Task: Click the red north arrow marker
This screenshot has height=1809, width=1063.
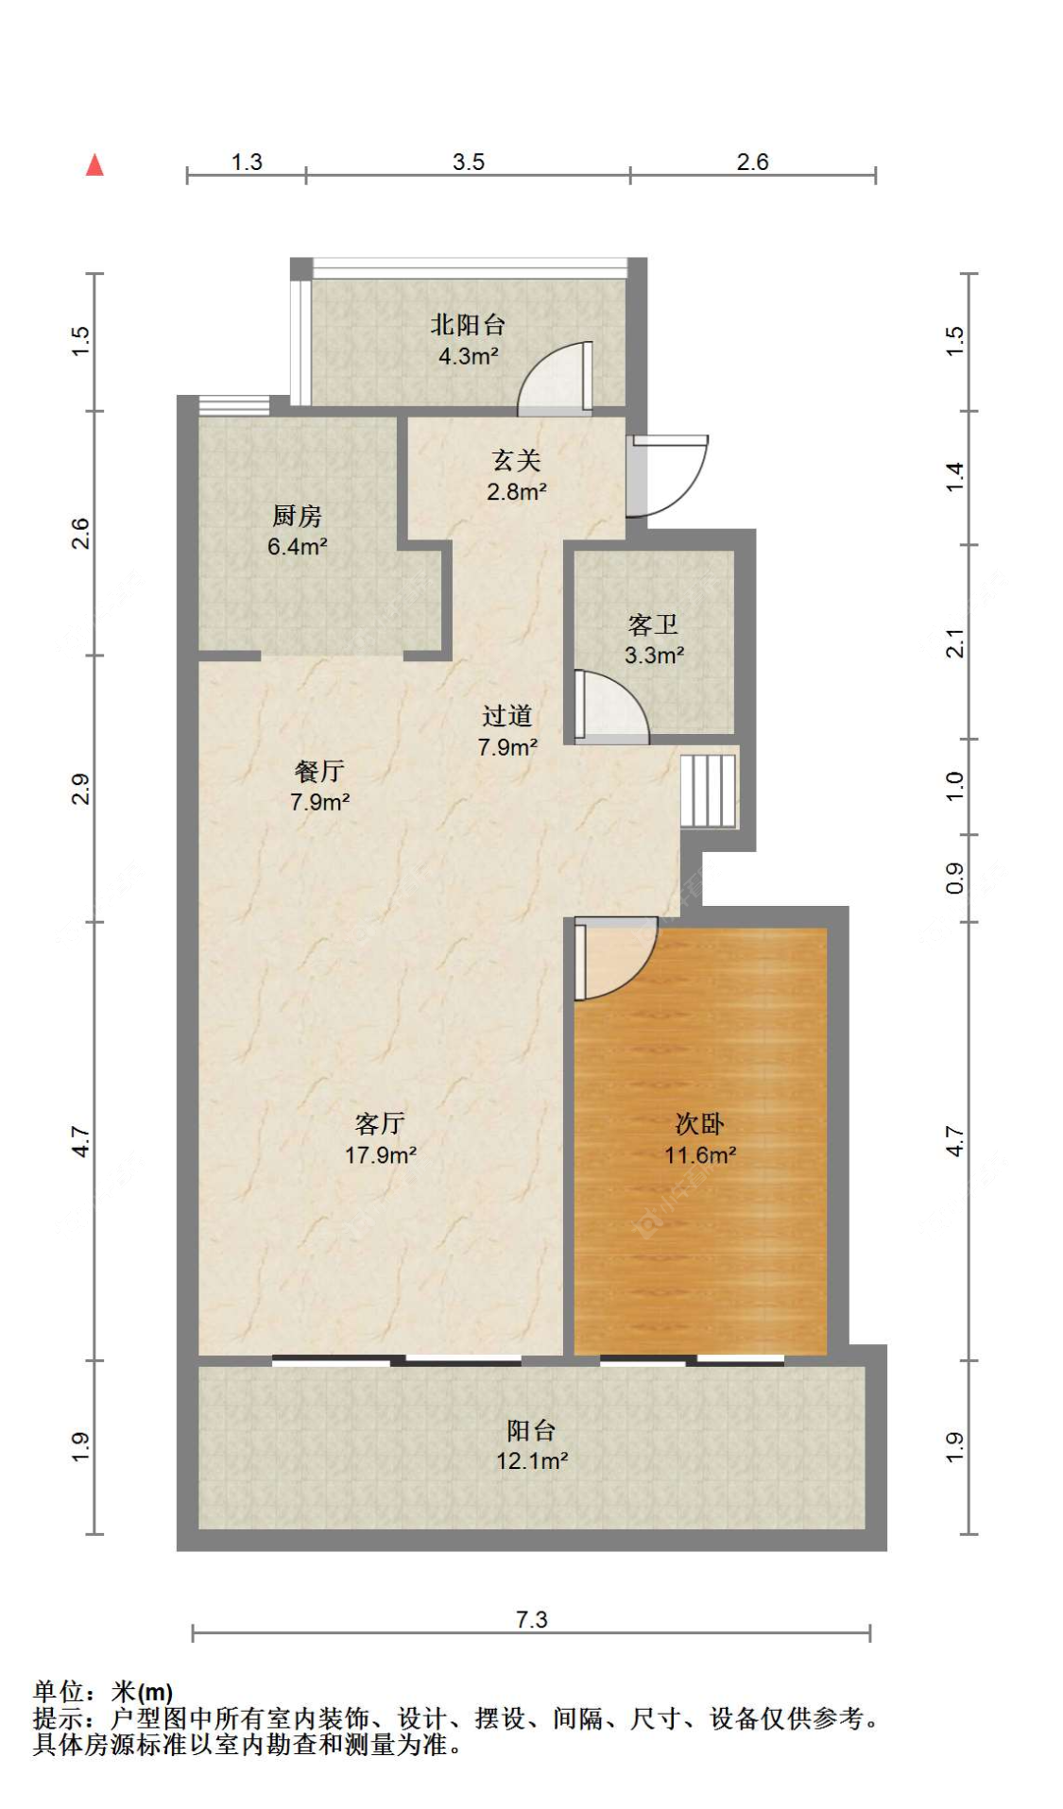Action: [x=94, y=165]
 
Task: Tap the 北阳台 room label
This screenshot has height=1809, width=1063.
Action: [x=468, y=325]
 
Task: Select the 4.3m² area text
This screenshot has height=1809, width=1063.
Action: [x=469, y=356]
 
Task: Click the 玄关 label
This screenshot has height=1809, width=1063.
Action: [x=516, y=460]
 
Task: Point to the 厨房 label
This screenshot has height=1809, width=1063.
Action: [x=297, y=516]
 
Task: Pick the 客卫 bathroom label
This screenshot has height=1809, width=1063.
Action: [x=653, y=624]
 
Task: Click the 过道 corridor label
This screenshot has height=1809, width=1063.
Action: [x=507, y=716]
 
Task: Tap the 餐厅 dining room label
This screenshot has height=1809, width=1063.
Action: [x=319, y=771]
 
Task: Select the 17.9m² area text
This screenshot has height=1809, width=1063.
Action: [x=381, y=1154]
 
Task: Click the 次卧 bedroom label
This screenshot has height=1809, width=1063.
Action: [x=699, y=1123]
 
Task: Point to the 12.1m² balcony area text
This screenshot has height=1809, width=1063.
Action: [x=532, y=1460]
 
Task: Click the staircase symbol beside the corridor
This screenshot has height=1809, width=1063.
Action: [x=709, y=790]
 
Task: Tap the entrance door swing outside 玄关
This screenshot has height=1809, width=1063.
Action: [x=669, y=475]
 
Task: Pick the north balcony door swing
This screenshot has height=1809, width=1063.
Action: [x=556, y=379]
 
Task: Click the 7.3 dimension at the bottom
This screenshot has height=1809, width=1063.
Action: [x=532, y=1619]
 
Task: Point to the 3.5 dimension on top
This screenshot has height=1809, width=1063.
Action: [x=469, y=162]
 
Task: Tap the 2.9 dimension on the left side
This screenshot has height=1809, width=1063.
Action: [x=81, y=789]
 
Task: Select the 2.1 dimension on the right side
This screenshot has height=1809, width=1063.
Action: [x=955, y=642]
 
